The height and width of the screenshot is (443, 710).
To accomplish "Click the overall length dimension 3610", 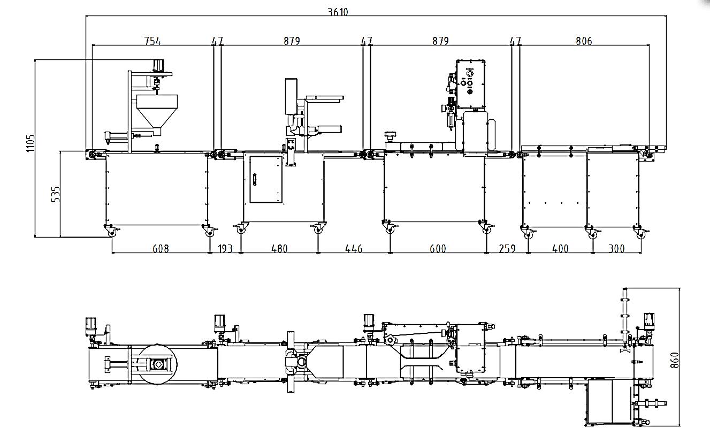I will [x=338, y=12].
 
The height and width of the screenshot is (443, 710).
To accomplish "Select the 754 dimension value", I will [x=152, y=41].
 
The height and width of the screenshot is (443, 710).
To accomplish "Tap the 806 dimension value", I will [x=584, y=41].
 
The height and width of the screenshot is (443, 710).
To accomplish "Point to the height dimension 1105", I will [x=30, y=143].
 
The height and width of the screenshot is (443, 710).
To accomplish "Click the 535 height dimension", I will [x=56, y=194].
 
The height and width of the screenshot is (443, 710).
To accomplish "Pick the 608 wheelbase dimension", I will [x=161, y=249].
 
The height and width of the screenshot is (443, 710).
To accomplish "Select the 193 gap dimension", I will [x=225, y=249].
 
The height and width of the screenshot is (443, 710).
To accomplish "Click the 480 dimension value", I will [x=279, y=249].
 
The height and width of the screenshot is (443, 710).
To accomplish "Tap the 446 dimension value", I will [x=354, y=249].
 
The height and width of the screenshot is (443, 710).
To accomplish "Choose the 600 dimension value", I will [x=438, y=249].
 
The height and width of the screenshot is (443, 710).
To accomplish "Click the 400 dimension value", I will [x=560, y=249].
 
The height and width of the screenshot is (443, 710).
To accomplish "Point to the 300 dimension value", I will [x=616, y=249].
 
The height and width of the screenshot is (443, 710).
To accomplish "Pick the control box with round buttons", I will [x=470, y=77].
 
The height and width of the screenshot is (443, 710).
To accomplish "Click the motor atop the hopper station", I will [x=158, y=65].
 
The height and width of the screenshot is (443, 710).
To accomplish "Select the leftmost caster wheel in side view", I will [x=113, y=232].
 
